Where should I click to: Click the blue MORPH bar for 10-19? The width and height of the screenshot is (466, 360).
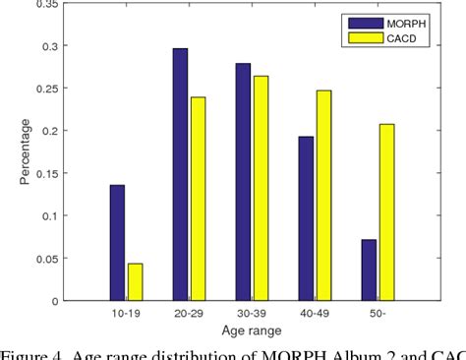tap(118, 242)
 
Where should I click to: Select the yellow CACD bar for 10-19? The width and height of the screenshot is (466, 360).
tap(136, 281)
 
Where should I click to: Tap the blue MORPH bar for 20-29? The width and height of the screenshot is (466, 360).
tap(181, 174)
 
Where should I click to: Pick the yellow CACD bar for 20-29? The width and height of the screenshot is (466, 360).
tap(199, 198)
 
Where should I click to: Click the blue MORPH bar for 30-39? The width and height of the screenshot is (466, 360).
tap(243, 181)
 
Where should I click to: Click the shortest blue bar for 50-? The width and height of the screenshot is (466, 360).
tap(368, 269)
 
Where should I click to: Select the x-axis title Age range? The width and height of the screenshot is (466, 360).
tap(252, 330)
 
